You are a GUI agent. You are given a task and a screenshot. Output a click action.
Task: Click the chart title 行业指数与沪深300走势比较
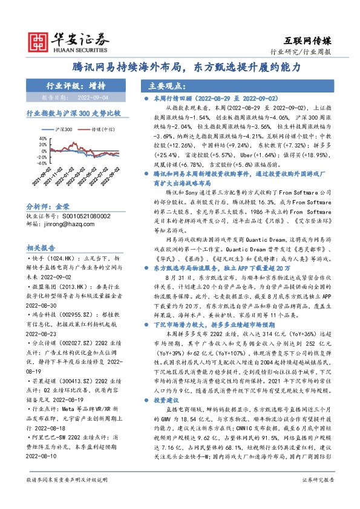click(71, 113)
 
